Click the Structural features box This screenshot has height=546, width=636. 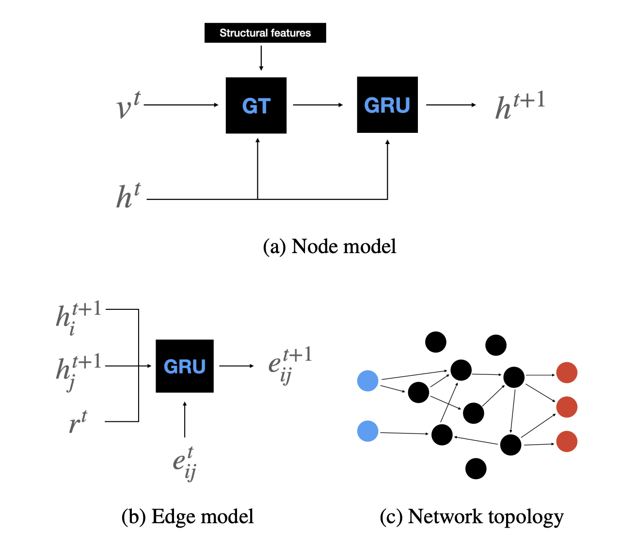[x=265, y=32]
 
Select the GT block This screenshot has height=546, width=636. [x=256, y=105]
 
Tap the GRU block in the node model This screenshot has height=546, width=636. [x=387, y=105]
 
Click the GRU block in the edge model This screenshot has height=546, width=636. [x=185, y=366]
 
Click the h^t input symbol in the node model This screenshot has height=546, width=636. [x=128, y=195]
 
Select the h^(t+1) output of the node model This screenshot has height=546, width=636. [x=520, y=105]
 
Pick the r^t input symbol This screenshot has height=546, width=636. [x=78, y=421]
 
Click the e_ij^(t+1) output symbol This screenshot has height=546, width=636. [x=290, y=365]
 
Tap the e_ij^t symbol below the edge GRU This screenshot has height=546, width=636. [x=185, y=464]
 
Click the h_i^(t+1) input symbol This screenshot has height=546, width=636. [x=79, y=318]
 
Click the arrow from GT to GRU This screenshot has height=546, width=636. [x=318, y=105]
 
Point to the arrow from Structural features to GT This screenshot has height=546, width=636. [x=261, y=58]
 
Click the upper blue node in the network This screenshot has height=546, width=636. [x=368, y=381]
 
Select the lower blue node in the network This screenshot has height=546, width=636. [x=368, y=431]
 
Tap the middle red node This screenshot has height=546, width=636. [x=567, y=407]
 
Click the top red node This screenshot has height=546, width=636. [x=567, y=372]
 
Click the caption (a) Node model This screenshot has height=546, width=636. [x=330, y=246]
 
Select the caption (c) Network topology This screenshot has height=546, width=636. [x=471, y=517]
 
